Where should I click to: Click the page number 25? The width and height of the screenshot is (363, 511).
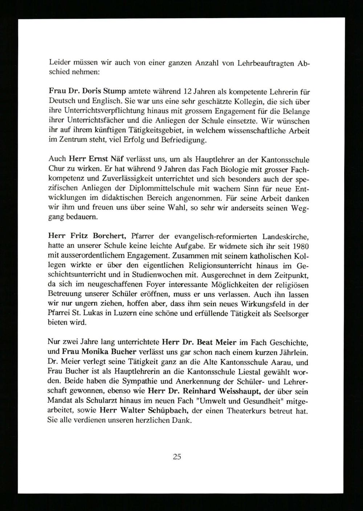(x=177, y=457)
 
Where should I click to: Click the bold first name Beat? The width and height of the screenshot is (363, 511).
(x=207, y=342)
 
